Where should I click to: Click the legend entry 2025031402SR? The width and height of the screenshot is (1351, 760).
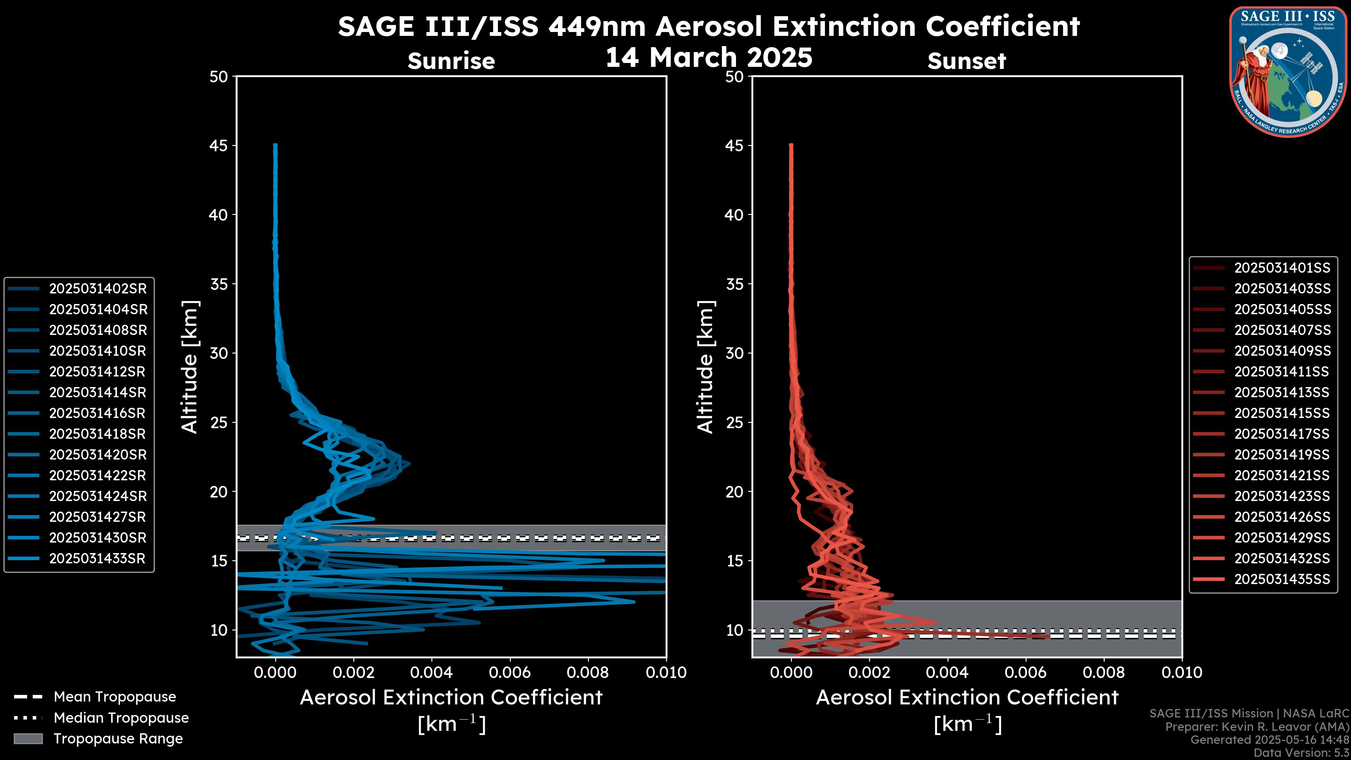click(x=97, y=289)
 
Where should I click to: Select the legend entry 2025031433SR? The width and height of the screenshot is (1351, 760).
click(x=97, y=559)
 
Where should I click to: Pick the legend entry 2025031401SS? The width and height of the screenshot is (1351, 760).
click(x=1282, y=268)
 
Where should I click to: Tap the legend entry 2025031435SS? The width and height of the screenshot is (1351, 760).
click(x=1282, y=579)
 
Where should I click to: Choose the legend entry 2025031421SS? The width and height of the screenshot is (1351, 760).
click(x=1282, y=475)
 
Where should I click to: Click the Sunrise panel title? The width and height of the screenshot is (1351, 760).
click(x=451, y=61)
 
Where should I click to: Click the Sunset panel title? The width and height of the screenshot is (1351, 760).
click(x=966, y=61)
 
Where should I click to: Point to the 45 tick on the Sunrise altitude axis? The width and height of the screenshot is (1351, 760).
click(x=219, y=145)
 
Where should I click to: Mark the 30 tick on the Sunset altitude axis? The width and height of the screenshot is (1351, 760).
click(x=735, y=353)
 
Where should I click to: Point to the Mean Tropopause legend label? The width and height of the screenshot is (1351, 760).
click(x=114, y=697)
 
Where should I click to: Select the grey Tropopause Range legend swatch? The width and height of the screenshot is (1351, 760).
click(x=28, y=739)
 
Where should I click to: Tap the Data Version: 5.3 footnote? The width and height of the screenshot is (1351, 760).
click(x=1301, y=753)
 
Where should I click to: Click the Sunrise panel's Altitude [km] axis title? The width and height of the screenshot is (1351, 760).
click(x=190, y=367)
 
